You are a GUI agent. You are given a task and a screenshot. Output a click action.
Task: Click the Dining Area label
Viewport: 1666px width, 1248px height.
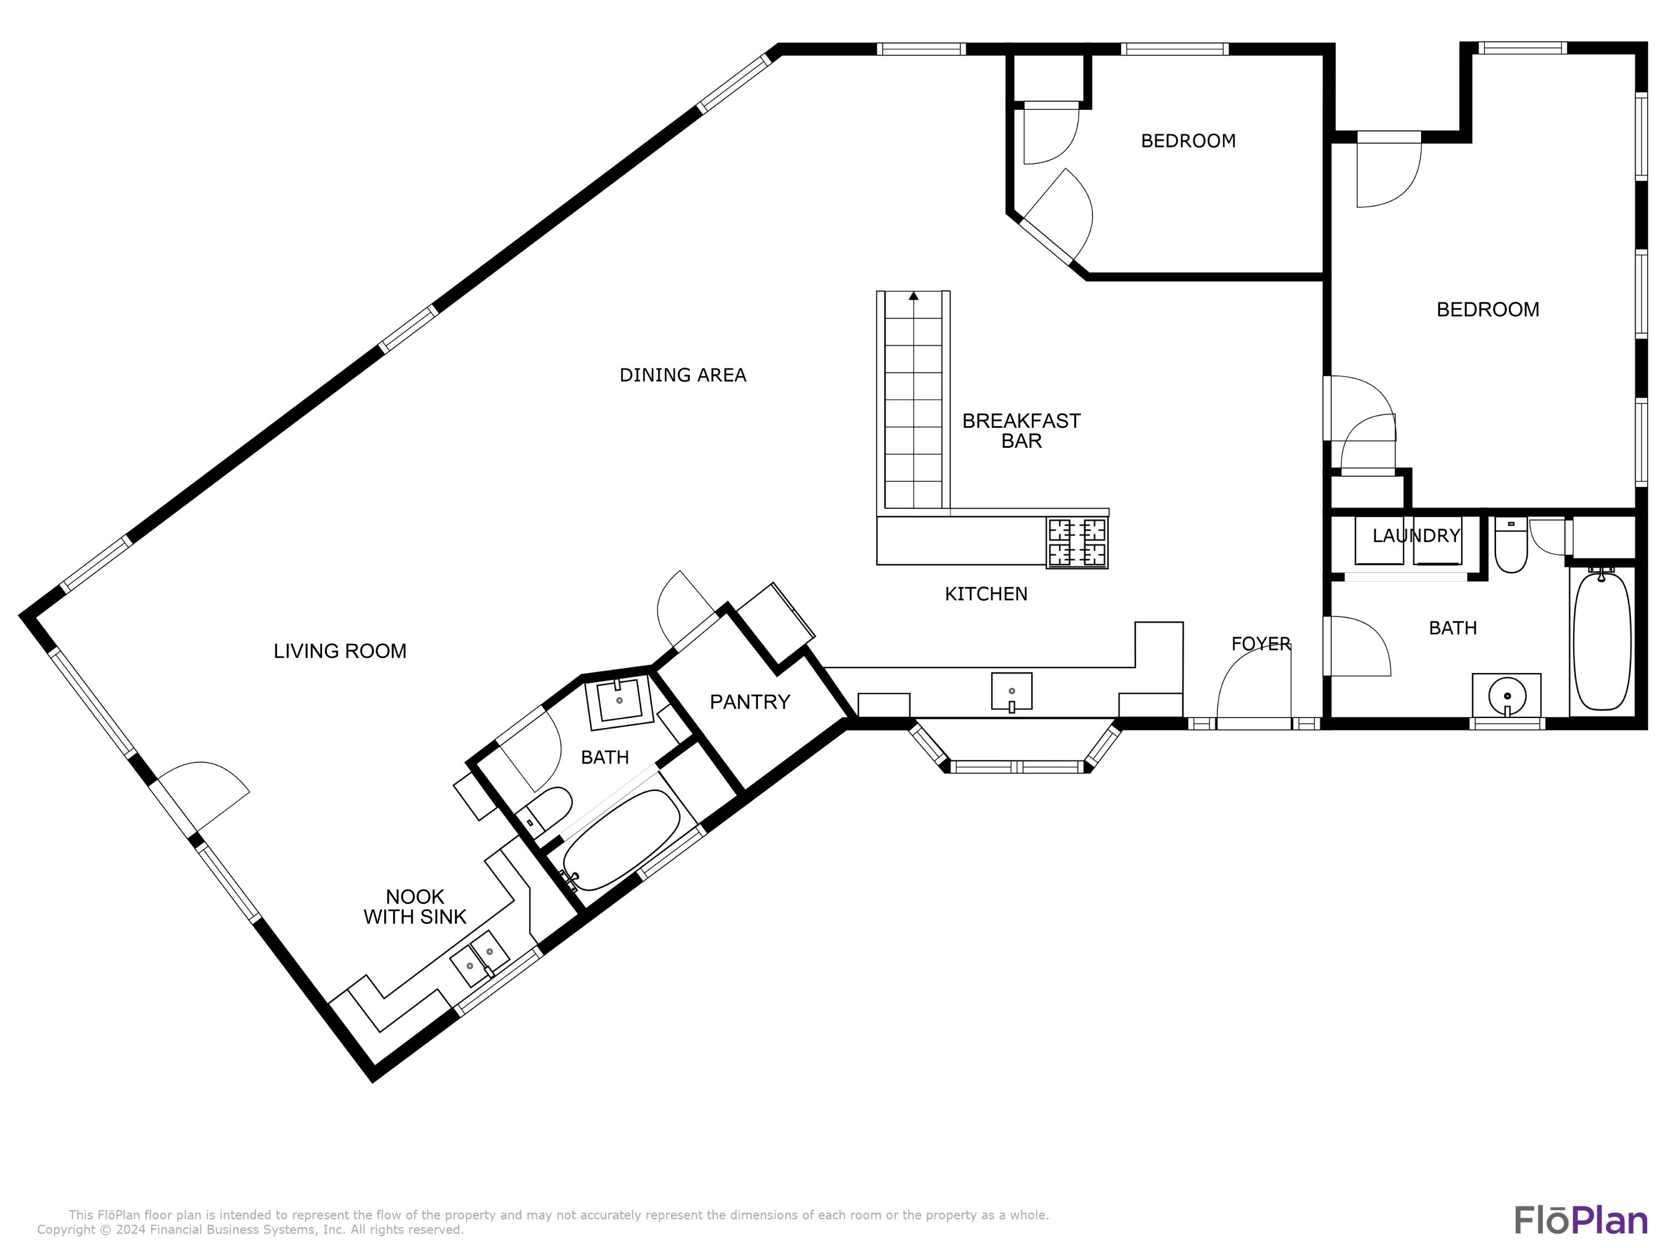[683, 375]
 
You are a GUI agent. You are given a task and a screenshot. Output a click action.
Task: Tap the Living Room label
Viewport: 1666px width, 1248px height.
[340, 651]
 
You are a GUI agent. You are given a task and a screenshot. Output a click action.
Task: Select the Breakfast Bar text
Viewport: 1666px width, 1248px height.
[1021, 431]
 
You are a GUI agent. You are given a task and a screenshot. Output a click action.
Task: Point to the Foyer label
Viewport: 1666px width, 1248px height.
[1261, 644]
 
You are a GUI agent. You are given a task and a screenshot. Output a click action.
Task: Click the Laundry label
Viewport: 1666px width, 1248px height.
[1416, 536]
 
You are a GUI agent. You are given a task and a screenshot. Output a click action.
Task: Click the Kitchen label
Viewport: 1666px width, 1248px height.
[986, 594]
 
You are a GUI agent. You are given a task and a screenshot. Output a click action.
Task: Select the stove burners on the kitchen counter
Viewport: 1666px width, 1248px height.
[1077, 543]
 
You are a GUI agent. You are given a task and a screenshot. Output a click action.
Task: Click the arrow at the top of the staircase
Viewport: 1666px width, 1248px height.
[914, 296]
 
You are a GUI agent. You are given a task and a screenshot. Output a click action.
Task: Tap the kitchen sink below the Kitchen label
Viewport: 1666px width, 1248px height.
[1011, 692]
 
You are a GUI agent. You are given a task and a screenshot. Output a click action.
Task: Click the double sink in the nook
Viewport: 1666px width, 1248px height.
[480, 958]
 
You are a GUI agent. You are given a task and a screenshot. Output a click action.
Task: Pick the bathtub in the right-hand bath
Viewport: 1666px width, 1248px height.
[1603, 641]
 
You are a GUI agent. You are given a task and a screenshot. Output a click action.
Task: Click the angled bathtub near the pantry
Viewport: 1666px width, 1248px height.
[621, 839]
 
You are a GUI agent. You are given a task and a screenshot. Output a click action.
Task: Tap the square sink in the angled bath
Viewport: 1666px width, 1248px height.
[619, 703]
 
